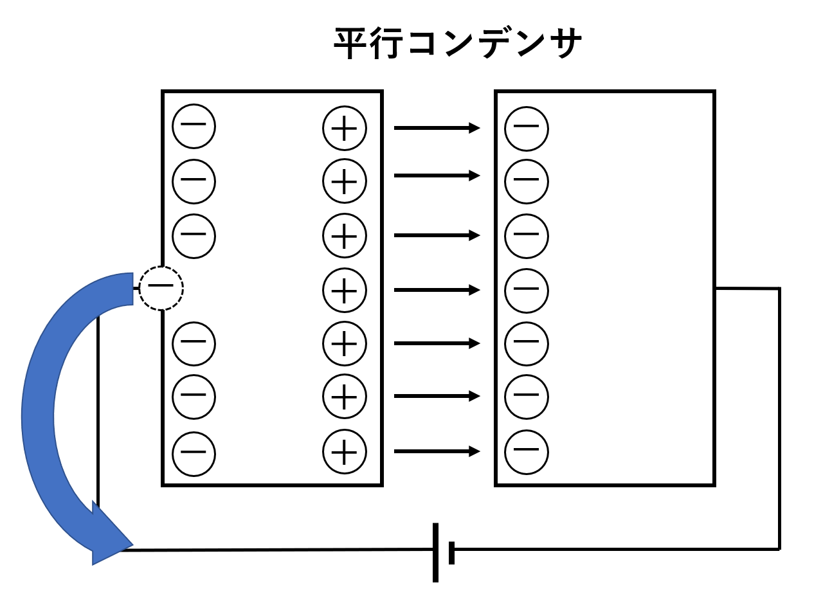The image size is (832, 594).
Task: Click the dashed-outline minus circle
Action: [161, 288]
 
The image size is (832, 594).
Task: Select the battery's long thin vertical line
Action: [435, 552]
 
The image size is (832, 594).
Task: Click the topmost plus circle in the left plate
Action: [345, 128]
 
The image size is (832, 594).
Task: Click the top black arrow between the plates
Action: [437, 128]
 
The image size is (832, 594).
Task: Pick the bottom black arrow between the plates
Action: [437, 452]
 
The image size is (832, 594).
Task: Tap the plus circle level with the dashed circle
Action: [345, 290]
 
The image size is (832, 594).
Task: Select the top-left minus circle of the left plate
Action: [194, 125]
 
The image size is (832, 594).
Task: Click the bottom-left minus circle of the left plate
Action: [194, 452]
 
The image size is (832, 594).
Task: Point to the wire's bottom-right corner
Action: [779, 549]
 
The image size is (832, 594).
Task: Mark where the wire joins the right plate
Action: [716, 289]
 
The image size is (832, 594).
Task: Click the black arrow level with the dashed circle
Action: [437, 290]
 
